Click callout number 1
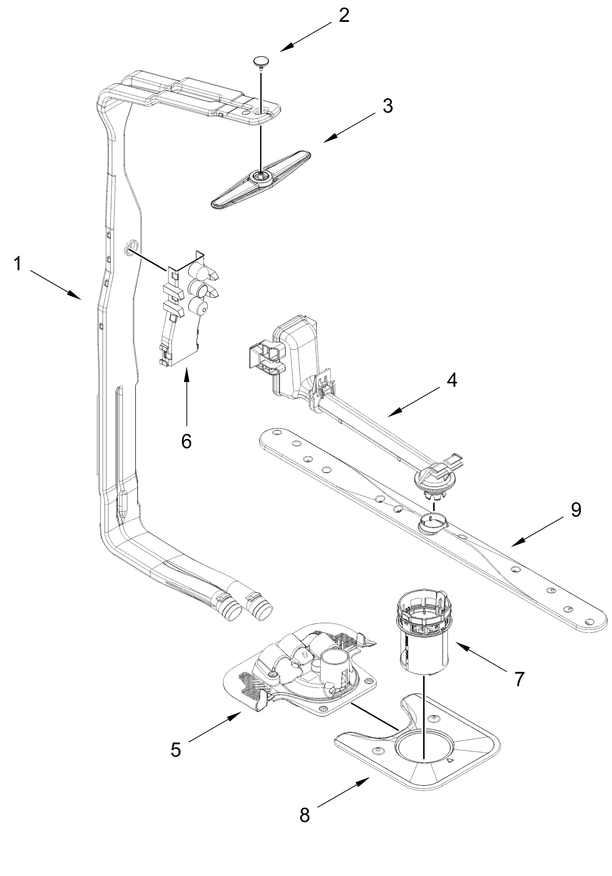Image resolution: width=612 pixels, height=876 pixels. pos(17,264)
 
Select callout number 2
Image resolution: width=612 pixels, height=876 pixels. pos(344,15)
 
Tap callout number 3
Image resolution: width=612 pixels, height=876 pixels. pos(387,106)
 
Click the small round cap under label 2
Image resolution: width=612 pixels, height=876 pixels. pos(261,61)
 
